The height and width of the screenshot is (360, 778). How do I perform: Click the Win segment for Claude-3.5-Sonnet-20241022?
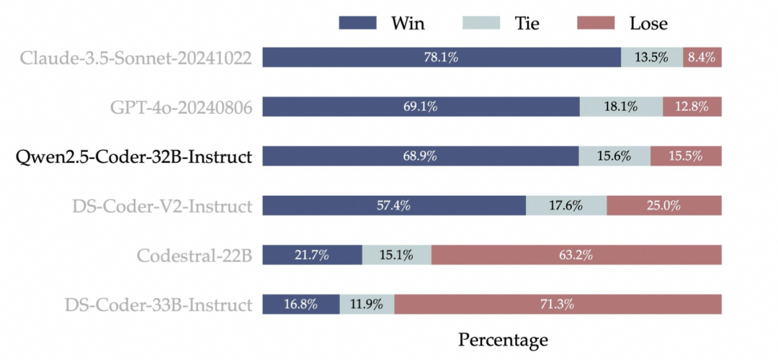click(x=442, y=58)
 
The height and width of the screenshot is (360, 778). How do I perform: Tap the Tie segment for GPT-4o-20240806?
click(x=621, y=107)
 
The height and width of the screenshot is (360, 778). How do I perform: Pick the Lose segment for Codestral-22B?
click(x=576, y=255)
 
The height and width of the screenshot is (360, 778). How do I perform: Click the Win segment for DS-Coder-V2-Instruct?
click(x=394, y=205)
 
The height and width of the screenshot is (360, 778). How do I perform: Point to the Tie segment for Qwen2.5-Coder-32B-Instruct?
click(x=614, y=156)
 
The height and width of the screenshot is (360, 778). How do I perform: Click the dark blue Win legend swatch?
click(x=358, y=23)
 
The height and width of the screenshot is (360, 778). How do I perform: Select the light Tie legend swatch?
click(x=480, y=23)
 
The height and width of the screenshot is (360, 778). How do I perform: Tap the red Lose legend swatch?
click(x=596, y=23)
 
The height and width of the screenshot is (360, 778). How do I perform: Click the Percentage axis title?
click(x=503, y=341)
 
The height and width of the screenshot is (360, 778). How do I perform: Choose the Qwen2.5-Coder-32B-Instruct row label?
click(x=133, y=157)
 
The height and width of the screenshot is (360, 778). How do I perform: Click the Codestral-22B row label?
click(x=194, y=256)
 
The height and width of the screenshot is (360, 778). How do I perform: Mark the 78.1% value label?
click(x=441, y=58)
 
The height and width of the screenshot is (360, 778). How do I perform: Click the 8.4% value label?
click(x=702, y=58)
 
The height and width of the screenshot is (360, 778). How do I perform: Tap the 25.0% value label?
click(x=664, y=205)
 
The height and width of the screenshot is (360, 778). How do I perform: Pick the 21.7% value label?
click(x=312, y=255)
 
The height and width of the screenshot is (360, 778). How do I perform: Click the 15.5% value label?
click(x=686, y=156)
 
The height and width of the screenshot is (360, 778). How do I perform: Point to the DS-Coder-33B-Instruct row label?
click(x=158, y=305)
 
